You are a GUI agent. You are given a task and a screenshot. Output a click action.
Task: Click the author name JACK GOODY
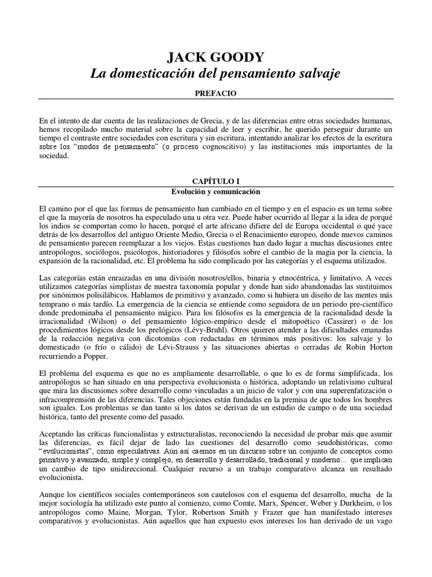point(216,58)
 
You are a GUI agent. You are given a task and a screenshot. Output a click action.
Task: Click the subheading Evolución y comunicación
point(216,191)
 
